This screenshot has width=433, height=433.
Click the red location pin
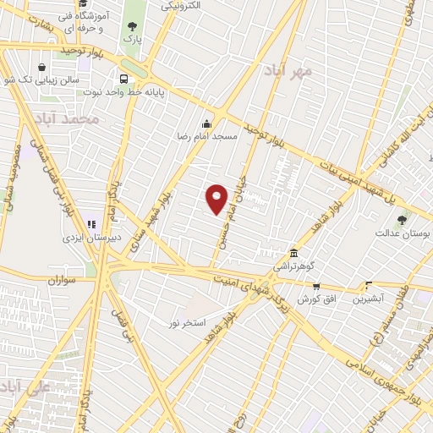(217, 198)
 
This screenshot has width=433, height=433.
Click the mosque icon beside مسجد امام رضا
(206, 123)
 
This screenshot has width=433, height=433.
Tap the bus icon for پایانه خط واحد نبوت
(124, 75)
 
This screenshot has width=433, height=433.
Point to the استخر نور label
(191, 322)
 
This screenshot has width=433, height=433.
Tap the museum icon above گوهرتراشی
(293, 253)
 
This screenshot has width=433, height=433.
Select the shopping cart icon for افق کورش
(316, 287)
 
